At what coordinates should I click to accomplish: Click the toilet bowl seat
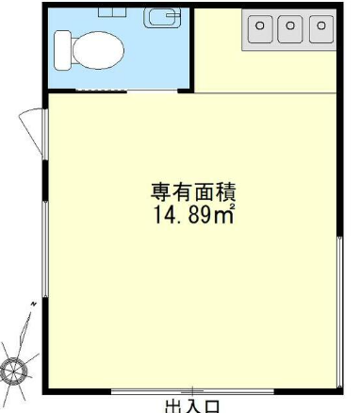[x=98, y=50]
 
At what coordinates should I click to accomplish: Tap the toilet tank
[x=62, y=50]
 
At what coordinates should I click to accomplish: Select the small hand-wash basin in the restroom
[x=162, y=18]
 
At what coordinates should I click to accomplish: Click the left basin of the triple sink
[x=260, y=28]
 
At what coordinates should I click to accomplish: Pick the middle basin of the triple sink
[x=290, y=28]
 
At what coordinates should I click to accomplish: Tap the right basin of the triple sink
[x=321, y=28]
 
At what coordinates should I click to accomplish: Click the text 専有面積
[x=193, y=192]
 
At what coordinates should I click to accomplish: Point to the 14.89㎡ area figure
[x=194, y=214]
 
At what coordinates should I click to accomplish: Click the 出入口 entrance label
[x=191, y=406]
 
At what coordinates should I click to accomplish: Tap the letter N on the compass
[x=33, y=305]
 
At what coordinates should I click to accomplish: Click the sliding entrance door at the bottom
[x=192, y=391]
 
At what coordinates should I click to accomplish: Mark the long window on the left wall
[x=45, y=249]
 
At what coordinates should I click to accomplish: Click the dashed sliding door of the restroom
[x=101, y=91]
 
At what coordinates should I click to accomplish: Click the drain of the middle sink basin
[x=290, y=25]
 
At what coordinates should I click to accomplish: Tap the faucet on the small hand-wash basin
[x=172, y=14]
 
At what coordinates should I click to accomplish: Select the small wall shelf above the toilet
[x=112, y=12]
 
